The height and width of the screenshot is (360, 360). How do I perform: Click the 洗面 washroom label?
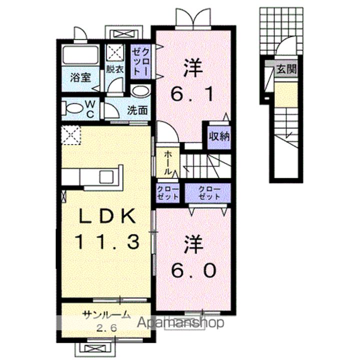coord(136,109)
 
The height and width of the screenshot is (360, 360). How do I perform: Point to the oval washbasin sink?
coord(141,91)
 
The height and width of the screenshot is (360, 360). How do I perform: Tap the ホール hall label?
coord(168,162)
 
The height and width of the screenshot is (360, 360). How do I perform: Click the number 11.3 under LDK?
coord(106,242)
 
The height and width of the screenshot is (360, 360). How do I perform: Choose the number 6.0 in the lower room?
coord(194,270)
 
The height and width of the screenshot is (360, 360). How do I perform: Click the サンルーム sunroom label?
coord(106,315)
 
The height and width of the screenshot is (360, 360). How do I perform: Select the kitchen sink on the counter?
coord(107,176)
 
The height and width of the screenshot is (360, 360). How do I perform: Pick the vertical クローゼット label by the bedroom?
coord(139,62)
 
